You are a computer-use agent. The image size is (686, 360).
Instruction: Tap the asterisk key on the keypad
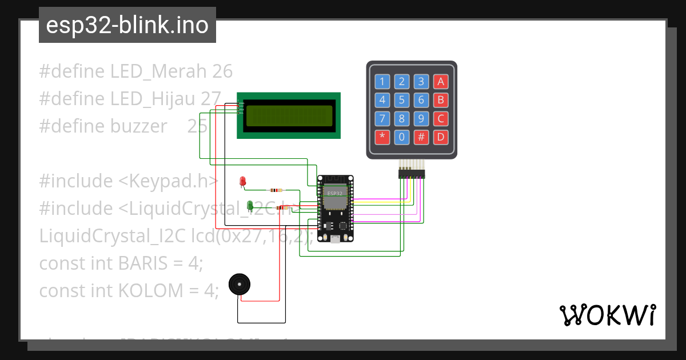pyautogui.click(x=382, y=137)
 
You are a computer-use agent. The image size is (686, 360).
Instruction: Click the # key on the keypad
pyautogui.click(x=421, y=137)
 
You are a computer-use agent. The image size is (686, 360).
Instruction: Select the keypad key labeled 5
pyautogui.click(x=402, y=100)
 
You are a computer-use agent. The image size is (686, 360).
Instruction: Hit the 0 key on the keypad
pyautogui.click(x=402, y=137)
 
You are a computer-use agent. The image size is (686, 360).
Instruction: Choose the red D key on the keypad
pyautogui.click(x=440, y=137)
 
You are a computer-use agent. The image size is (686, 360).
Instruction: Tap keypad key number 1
pyautogui.click(x=382, y=81)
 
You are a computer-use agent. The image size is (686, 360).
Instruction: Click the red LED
pyautogui.click(x=242, y=182)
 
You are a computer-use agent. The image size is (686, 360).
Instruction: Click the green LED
pyautogui.click(x=249, y=205)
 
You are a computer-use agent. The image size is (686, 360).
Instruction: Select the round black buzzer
pyautogui.click(x=240, y=285)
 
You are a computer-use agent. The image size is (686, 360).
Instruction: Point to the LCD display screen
pyautogui.click(x=289, y=115)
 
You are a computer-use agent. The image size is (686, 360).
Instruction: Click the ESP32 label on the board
pyautogui.click(x=335, y=193)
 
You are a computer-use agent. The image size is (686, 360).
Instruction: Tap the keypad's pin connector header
pyautogui.click(x=412, y=173)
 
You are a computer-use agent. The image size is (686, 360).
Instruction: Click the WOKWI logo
pyautogui.click(x=607, y=315)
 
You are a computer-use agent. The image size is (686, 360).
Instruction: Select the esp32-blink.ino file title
pyautogui.click(x=127, y=25)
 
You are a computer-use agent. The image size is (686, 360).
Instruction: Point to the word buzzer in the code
pyautogui.click(x=139, y=126)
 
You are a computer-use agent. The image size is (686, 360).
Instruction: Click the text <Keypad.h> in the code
pyautogui.click(x=168, y=181)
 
